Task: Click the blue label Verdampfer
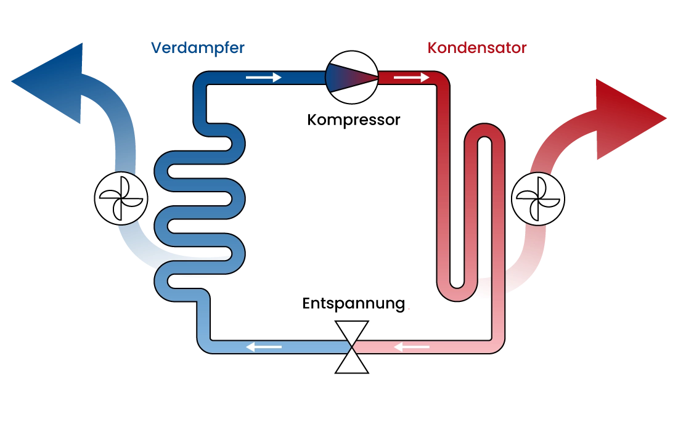(197, 47)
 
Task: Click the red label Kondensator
(476, 47)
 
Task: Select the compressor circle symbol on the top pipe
(351, 76)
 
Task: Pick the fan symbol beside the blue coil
(121, 198)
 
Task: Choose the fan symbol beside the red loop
(538, 198)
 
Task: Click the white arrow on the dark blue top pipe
(263, 78)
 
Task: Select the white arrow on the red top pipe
(411, 78)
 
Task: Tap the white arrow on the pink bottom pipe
(412, 348)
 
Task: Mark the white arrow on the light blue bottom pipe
(264, 348)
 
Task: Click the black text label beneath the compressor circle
(353, 121)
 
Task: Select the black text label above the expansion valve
(353, 304)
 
